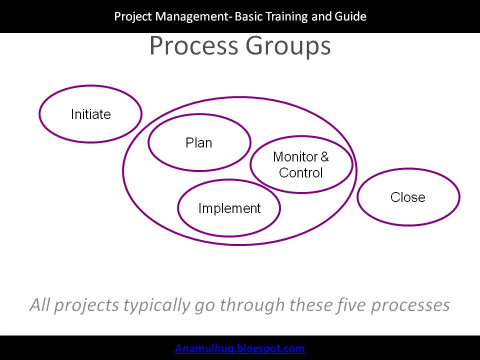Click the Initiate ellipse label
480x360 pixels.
click(x=90, y=114)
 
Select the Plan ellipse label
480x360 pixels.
click(x=199, y=143)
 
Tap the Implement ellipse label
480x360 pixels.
click(x=229, y=208)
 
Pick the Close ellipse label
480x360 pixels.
click(x=408, y=197)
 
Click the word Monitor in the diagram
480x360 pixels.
click(x=295, y=157)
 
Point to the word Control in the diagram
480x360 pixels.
click(x=301, y=173)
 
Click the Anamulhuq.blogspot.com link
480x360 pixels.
click(x=240, y=348)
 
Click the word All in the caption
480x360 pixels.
click(x=39, y=304)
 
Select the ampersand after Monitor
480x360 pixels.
click(x=324, y=157)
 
